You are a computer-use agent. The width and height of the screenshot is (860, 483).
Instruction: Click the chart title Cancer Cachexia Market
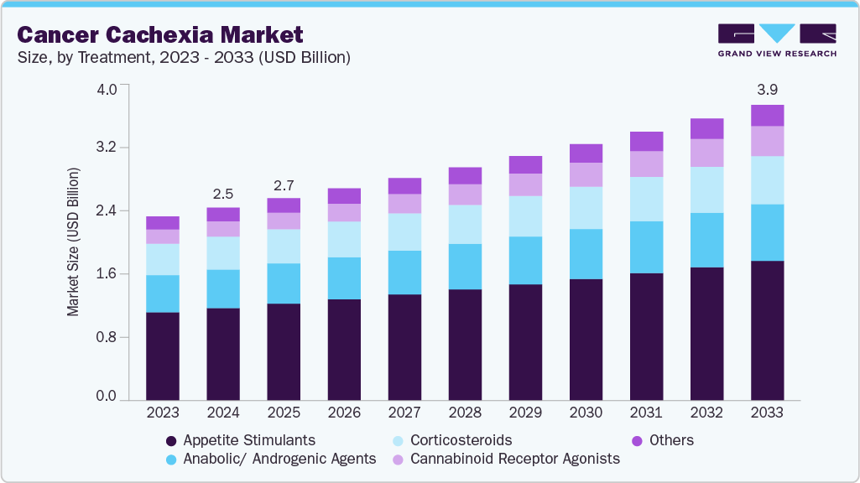[159, 34]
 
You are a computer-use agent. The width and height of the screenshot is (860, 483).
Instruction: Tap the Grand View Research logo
[776, 40]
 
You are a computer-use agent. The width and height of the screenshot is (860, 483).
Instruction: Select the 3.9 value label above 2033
[767, 90]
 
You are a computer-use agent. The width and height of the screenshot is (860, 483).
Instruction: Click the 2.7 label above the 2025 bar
[284, 184]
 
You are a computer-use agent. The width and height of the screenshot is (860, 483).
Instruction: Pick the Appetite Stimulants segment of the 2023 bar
[163, 356]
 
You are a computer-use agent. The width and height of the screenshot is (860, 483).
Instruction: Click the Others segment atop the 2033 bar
[767, 116]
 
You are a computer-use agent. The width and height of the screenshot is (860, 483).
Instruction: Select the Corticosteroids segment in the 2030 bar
[586, 208]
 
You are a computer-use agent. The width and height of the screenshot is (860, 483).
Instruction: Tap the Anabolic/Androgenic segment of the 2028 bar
[465, 267]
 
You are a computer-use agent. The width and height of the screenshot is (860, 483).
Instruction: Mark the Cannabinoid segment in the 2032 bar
[706, 153]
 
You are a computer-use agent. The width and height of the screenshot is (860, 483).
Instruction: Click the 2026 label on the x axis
[344, 413]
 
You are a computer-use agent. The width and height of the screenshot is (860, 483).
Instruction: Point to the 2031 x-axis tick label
[646, 413]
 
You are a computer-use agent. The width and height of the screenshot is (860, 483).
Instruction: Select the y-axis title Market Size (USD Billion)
[73, 242]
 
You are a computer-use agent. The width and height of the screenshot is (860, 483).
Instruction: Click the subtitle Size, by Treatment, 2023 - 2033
[184, 58]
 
